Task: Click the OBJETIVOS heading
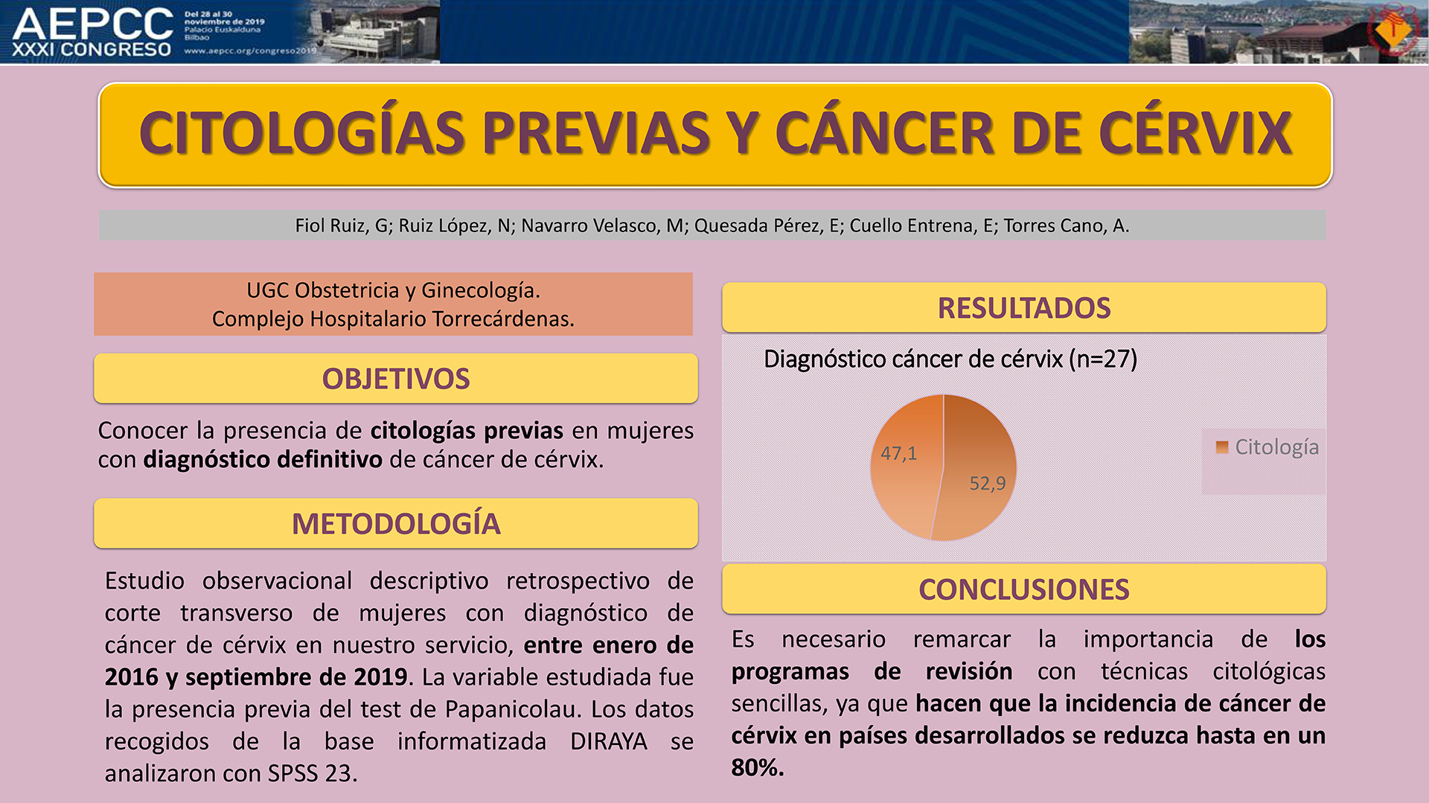pyautogui.click(x=396, y=379)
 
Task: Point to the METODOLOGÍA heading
pyautogui.click(x=396, y=524)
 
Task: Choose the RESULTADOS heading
pyautogui.click(x=1024, y=308)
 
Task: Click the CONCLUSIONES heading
pyautogui.click(x=1024, y=589)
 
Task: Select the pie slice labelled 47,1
pyautogui.click(x=904, y=461)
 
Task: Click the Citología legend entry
pyautogui.click(x=1267, y=447)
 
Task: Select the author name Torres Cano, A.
pyautogui.click(x=1067, y=225)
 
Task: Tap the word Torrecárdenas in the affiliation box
pyautogui.click(x=503, y=319)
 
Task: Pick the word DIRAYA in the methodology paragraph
pyautogui.click(x=609, y=742)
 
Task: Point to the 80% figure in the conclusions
pyautogui.click(x=758, y=767)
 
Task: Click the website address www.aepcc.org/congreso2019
pyautogui.click(x=250, y=51)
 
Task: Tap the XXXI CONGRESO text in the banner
pyautogui.click(x=92, y=50)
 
